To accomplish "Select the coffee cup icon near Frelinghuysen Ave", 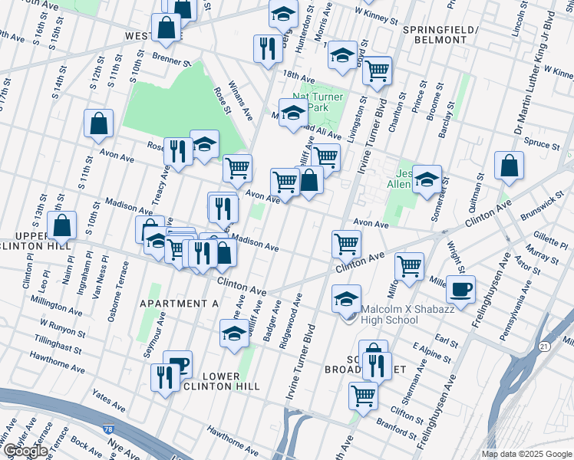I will point(460,290).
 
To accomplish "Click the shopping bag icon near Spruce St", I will point(509,166).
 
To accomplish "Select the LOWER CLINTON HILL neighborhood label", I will point(223,381).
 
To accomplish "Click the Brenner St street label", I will point(170,61).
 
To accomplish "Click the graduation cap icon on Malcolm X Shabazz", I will point(347,298).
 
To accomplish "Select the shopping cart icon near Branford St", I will point(363,395).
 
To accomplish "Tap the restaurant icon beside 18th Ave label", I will point(267,50).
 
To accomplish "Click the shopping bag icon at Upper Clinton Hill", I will point(62,226).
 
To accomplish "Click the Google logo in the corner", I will point(25,451).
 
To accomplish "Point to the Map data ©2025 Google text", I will point(526,454).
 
